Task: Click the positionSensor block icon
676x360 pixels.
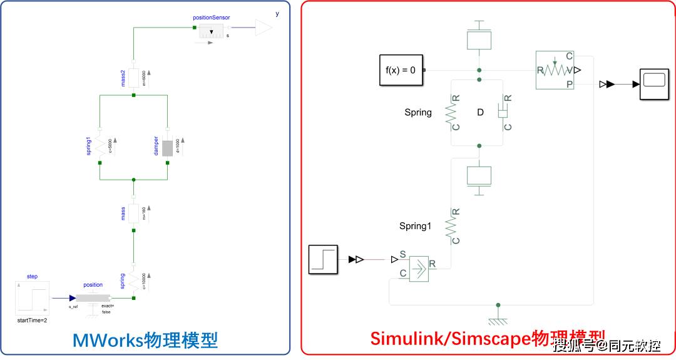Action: (211, 32)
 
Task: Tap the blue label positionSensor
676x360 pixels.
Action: (211, 18)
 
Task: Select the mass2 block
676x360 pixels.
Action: (133, 77)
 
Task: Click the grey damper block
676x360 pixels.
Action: (167, 147)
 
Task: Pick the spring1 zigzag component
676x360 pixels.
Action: (100, 147)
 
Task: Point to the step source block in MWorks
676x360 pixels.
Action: (32, 298)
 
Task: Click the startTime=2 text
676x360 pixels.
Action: (32, 320)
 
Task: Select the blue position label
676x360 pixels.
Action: (93, 285)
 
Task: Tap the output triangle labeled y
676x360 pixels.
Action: (264, 28)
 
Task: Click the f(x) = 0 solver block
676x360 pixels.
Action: (401, 70)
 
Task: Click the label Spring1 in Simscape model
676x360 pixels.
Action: (415, 226)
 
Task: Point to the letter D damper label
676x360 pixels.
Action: (480, 113)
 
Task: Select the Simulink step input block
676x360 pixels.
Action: (324, 259)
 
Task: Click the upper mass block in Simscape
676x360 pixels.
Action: (479, 39)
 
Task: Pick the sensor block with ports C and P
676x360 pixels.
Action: (555, 70)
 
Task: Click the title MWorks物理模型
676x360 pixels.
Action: (145, 340)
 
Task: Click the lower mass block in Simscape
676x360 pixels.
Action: (479, 176)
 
